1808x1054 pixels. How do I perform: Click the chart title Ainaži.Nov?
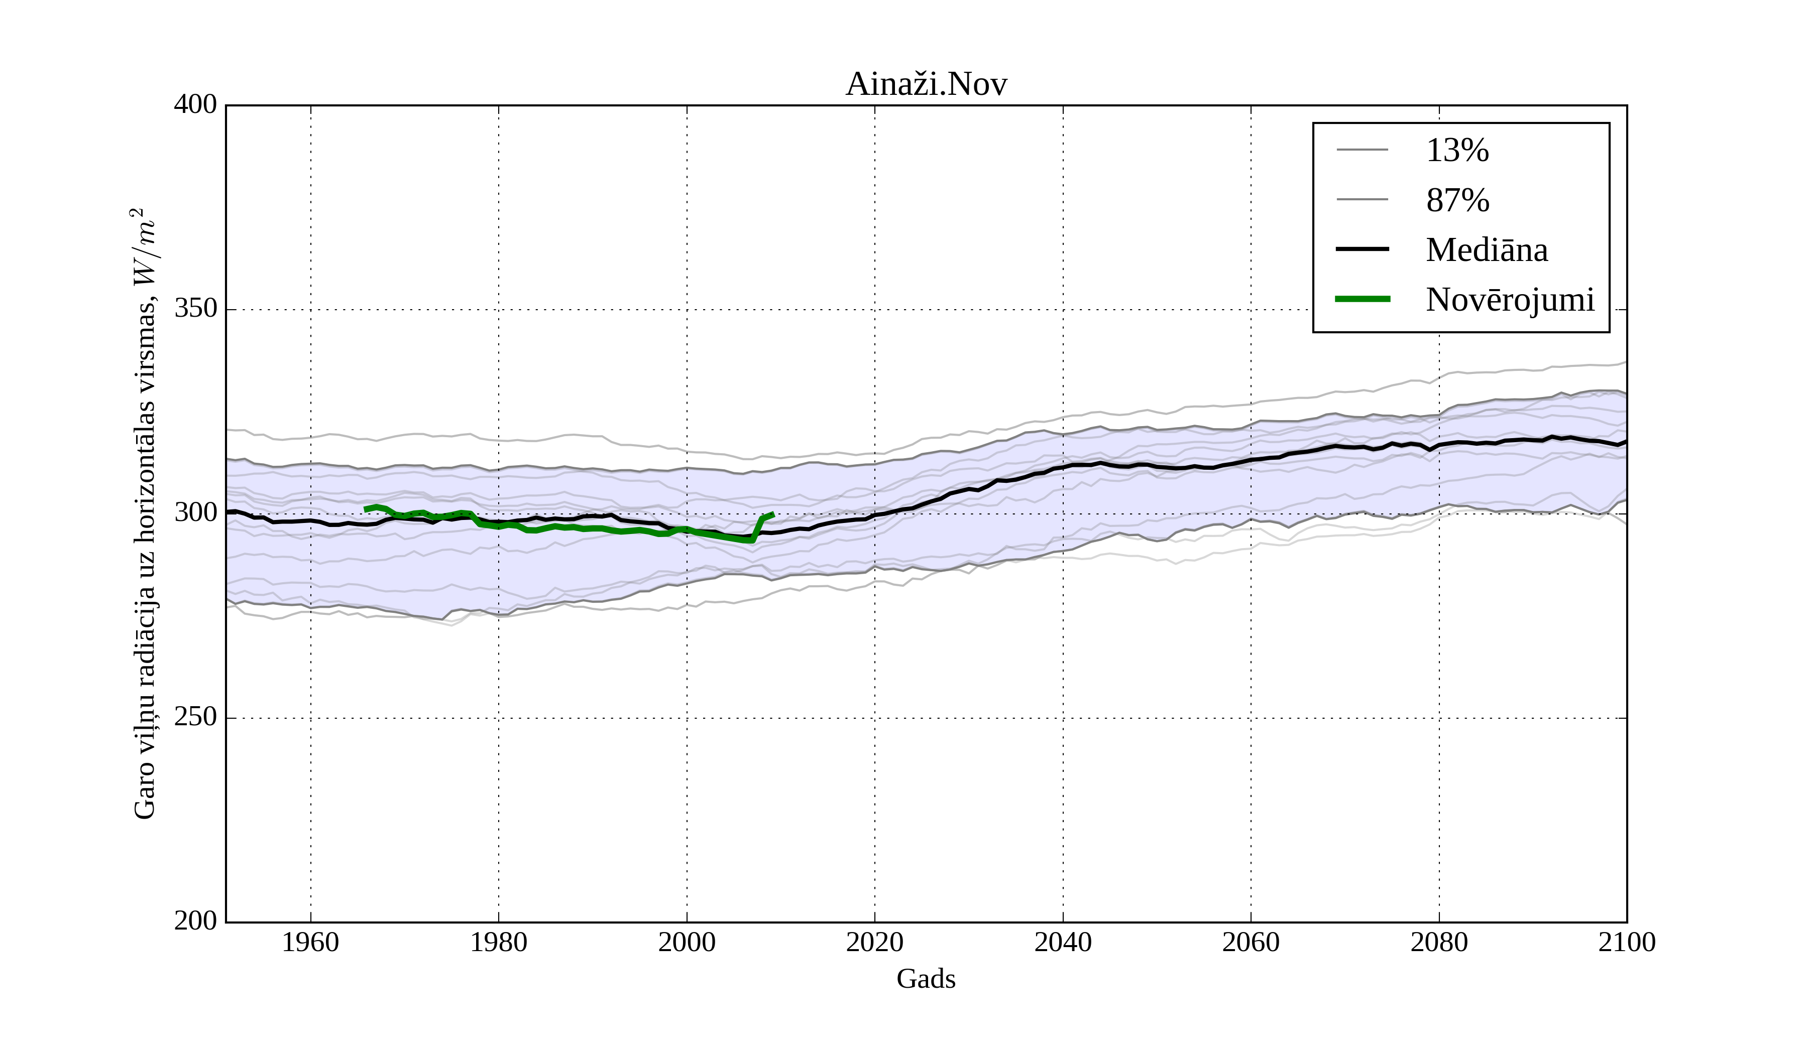(x=926, y=85)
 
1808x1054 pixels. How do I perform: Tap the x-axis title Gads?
(x=926, y=979)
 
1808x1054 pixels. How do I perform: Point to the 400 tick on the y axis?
(x=195, y=105)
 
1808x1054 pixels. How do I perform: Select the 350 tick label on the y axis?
(x=195, y=309)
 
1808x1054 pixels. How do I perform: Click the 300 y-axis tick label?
(x=195, y=513)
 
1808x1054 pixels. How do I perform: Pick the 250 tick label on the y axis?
(x=195, y=717)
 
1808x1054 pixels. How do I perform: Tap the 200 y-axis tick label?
(x=195, y=921)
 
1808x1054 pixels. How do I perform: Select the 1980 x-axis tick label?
(x=499, y=942)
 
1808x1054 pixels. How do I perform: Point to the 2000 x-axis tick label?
(x=687, y=942)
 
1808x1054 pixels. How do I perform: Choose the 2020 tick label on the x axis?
(x=874, y=942)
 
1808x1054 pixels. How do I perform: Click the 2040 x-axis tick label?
(x=1063, y=942)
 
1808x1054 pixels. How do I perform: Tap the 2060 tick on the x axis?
(x=1251, y=942)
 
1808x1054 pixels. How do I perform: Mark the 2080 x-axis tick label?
(x=1438, y=942)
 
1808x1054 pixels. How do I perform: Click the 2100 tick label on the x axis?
(x=1627, y=942)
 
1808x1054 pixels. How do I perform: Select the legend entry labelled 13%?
(x=1457, y=151)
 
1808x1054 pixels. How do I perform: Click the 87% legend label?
(x=1457, y=201)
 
